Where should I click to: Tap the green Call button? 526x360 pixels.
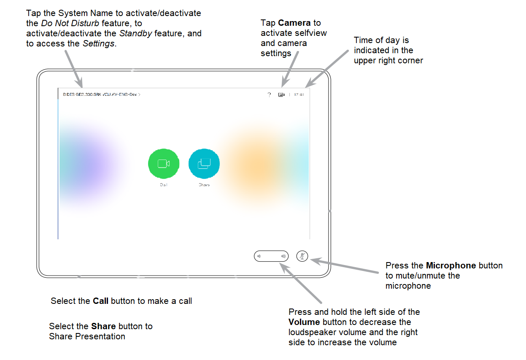[x=164, y=164]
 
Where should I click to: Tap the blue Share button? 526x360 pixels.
[x=204, y=164]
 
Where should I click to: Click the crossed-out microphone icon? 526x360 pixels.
[x=302, y=256]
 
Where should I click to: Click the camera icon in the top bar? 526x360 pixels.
[x=281, y=95]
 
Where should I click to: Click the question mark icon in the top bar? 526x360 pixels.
[x=269, y=95]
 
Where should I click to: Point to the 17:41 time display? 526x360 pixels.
[x=299, y=95]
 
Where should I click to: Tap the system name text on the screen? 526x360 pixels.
[x=101, y=95]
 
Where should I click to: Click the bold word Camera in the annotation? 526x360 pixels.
[x=294, y=23]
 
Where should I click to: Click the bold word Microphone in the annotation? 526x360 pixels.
[x=451, y=265]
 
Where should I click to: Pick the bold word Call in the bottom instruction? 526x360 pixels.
[x=101, y=301]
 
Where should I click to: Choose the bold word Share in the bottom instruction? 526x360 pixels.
[x=103, y=326]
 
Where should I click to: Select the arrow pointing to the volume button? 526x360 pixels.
[x=301, y=283]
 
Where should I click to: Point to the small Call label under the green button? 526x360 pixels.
[x=164, y=185]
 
